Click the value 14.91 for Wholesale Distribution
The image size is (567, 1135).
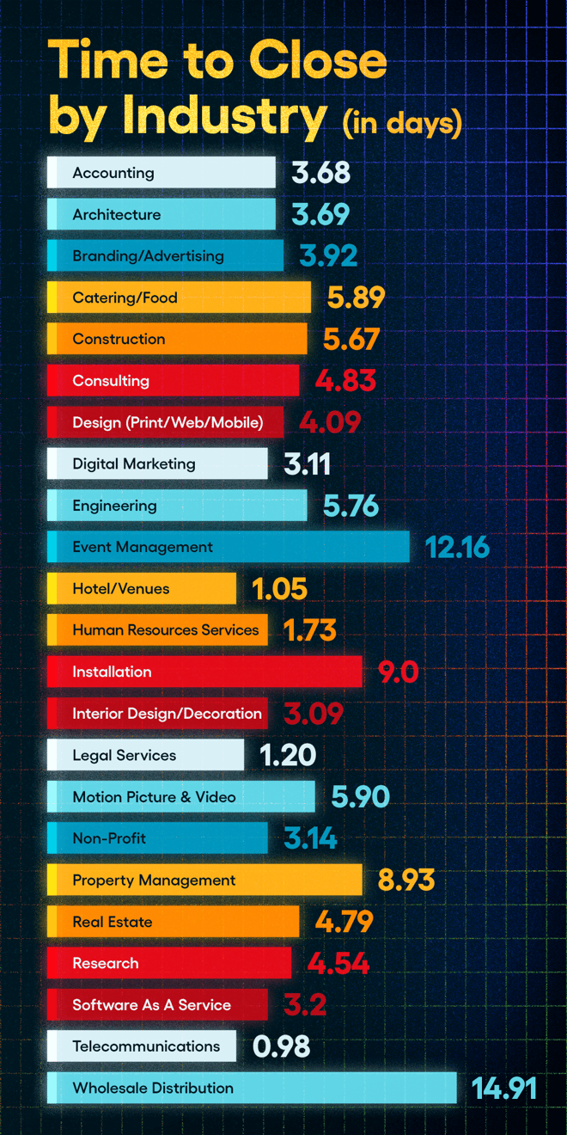503,1089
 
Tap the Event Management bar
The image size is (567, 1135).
229,547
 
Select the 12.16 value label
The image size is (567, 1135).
457,548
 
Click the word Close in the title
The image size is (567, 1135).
318,62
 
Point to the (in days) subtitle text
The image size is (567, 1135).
402,123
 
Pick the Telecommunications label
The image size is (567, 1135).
146,1046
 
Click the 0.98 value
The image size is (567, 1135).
281,1046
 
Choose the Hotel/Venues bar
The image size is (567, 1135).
142,589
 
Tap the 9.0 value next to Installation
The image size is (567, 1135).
398,672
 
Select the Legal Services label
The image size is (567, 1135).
124,756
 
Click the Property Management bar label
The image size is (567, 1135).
154,880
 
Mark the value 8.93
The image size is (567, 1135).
406,880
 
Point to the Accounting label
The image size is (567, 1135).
113,173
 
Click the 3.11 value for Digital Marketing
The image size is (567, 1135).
307,464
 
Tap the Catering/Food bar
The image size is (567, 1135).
179,298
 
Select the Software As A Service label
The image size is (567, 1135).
151,1005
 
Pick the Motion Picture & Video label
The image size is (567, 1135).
154,797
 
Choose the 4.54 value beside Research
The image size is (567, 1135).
338,964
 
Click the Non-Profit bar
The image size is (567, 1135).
157,838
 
